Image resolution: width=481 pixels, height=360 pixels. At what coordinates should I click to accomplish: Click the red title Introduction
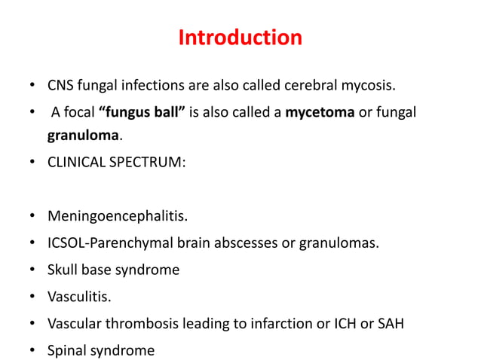(240, 37)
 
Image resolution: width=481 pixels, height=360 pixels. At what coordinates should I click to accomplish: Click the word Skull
(64, 270)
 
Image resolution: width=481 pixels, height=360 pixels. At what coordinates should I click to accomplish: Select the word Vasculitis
(79, 296)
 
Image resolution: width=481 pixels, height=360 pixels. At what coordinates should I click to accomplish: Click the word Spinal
(68, 350)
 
